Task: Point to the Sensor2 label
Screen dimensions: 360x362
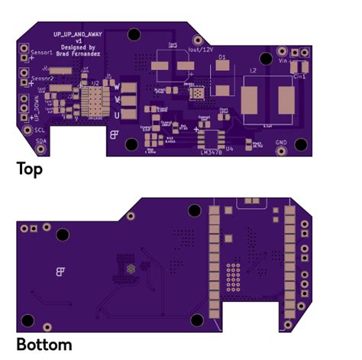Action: point(43,78)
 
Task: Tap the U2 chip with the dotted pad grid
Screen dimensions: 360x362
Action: point(96,100)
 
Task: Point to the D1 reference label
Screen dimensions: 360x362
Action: point(222,57)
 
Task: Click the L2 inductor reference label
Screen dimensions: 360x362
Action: point(253,70)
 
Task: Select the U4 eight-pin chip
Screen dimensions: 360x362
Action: point(208,138)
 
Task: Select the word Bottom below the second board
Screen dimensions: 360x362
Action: point(44,345)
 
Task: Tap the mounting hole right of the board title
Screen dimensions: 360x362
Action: point(134,34)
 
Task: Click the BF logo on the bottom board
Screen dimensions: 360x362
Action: point(60,271)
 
